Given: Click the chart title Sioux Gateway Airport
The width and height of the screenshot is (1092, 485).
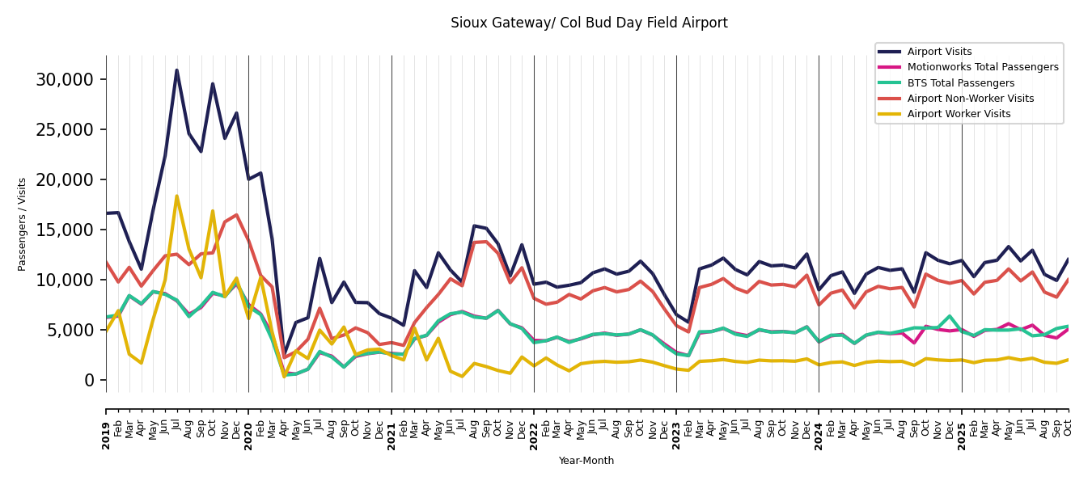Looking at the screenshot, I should click(x=589, y=23).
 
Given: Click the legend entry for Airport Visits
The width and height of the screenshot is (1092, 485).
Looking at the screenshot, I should click(x=939, y=52).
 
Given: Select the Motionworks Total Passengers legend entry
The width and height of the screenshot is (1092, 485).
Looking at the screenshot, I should click(x=982, y=67).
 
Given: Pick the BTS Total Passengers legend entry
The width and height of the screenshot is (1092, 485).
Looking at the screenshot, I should click(x=960, y=83).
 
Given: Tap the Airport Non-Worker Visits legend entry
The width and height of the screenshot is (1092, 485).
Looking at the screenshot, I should click(x=970, y=99).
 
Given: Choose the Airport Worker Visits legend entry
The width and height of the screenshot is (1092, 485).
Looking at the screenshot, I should click(x=959, y=114).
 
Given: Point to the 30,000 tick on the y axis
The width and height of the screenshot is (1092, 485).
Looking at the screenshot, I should click(x=65, y=79).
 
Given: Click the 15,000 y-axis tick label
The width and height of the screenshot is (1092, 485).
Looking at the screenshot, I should click(x=65, y=230).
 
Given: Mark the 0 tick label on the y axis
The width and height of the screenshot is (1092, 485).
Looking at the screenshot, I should click(x=89, y=380).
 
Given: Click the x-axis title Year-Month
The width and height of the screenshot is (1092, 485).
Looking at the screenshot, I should click(x=586, y=461).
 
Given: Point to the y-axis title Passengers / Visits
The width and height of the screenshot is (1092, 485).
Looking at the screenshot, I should click(x=23, y=224).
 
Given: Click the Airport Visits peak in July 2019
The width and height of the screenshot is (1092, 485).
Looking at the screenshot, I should click(x=176, y=70).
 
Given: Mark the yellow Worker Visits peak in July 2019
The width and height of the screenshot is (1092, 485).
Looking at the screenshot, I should click(x=176, y=196).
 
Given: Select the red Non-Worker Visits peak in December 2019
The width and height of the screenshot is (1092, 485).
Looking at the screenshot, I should click(x=236, y=215).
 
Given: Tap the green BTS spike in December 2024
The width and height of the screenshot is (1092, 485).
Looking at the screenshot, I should click(x=950, y=316).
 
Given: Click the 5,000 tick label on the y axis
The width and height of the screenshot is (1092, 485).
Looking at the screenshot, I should click(x=70, y=330).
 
